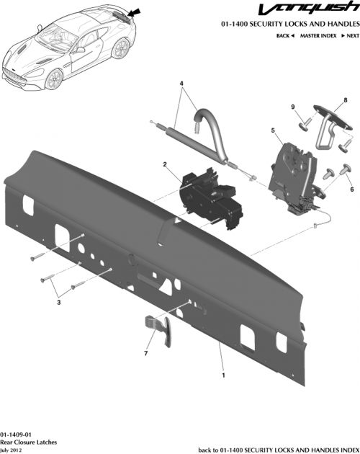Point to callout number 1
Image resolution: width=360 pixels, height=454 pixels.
(223, 375)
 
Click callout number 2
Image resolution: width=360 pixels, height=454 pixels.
(166, 165)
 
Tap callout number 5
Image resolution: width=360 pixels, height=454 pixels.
(273, 130)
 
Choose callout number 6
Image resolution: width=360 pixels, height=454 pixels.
(352, 189)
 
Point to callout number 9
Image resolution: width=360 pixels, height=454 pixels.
(293, 107)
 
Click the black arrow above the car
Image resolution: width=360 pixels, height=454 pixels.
(136, 11)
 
